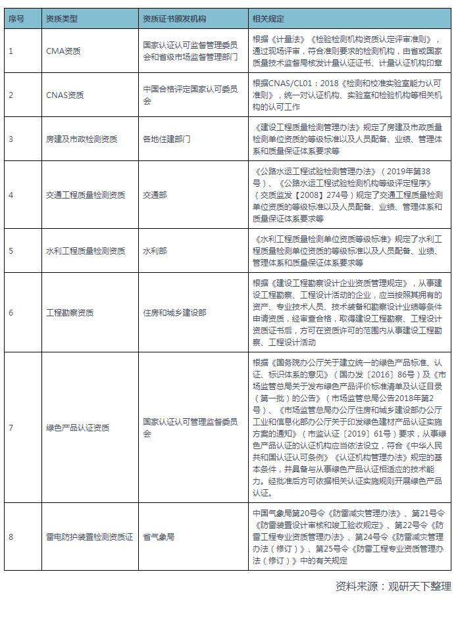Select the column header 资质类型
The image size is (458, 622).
[61, 19]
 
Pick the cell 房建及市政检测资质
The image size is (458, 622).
[82, 139]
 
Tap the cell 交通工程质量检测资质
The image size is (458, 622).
[86, 195]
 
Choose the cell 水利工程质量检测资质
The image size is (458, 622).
[86, 251]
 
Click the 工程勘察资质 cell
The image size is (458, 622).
[70, 312]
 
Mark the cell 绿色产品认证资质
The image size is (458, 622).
[78, 427]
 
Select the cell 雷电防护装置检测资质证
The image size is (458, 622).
[89, 537]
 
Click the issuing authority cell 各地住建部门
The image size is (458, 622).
[166, 139]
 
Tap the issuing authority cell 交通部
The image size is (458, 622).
[155, 195]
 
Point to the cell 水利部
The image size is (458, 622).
[155, 251]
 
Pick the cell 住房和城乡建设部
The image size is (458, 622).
[174, 312]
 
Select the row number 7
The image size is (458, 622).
[11, 427]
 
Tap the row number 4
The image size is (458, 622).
[11, 195]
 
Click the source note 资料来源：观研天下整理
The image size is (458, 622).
[393, 586]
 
